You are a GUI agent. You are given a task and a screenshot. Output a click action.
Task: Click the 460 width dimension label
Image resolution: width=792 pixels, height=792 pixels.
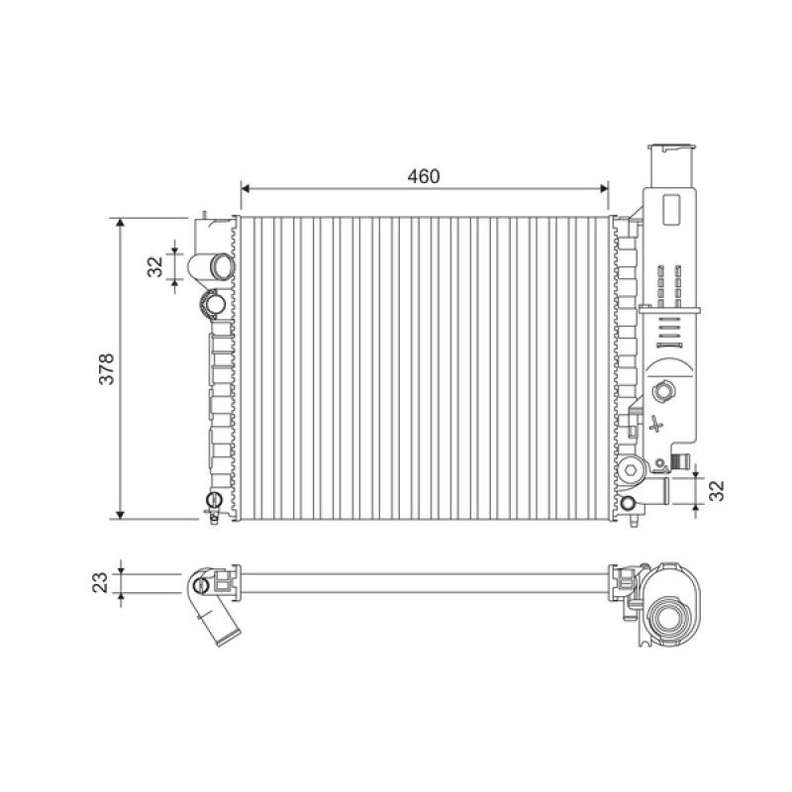tap(424, 176)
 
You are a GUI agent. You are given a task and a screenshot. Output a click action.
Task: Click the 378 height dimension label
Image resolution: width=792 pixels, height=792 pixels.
tap(107, 368)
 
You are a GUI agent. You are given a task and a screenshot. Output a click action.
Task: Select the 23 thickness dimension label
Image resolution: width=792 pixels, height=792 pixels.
tap(101, 582)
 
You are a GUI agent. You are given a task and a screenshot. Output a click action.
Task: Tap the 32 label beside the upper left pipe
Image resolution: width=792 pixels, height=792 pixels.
tap(155, 266)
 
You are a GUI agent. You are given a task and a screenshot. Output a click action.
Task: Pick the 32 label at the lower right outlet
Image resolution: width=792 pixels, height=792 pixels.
tap(716, 490)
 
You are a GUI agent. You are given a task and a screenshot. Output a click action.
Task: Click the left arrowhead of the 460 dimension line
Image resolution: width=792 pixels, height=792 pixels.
tap(246, 189)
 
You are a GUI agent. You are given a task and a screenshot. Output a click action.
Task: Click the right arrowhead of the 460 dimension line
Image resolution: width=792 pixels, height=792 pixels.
tap(604, 189)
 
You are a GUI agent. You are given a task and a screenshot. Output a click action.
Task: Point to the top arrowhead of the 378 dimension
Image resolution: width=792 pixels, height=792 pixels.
tap(120, 223)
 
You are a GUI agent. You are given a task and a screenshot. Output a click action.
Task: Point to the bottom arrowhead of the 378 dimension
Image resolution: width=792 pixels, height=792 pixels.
tap(120, 514)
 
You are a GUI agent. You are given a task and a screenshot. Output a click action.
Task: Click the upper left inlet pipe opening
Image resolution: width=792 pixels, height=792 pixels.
tap(221, 266)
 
